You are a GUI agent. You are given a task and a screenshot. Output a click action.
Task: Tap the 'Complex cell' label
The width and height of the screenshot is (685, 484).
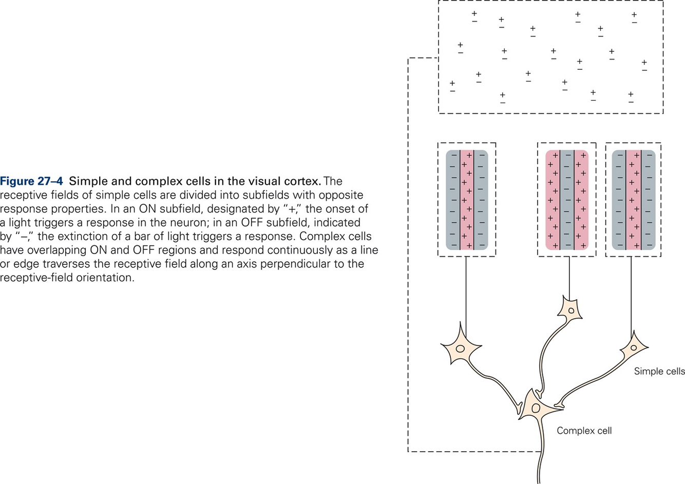coord(584,431)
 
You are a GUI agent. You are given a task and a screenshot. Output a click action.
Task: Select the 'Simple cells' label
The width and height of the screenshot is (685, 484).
coord(659,371)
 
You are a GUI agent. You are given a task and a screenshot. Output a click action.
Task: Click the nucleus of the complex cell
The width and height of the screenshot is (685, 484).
coord(536,409)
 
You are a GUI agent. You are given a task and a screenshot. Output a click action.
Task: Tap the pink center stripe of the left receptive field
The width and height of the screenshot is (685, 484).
coord(467,200)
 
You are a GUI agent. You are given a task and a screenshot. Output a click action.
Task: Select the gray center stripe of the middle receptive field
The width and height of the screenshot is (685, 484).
coord(566,200)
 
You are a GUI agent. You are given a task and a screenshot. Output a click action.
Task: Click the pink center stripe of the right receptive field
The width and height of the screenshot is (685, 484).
coord(634,200)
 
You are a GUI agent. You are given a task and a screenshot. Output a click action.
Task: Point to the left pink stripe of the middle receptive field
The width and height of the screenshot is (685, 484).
coord(553,200)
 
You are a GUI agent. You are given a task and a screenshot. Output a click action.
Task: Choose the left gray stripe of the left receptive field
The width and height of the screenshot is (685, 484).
coord(453,200)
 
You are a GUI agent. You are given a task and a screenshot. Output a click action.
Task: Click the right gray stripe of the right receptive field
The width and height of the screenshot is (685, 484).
coord(648,200)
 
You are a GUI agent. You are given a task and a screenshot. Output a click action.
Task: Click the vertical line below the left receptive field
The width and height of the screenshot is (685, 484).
coord(466,293)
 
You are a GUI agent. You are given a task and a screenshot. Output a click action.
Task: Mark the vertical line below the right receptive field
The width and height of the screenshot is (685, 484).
coord(631,293)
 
